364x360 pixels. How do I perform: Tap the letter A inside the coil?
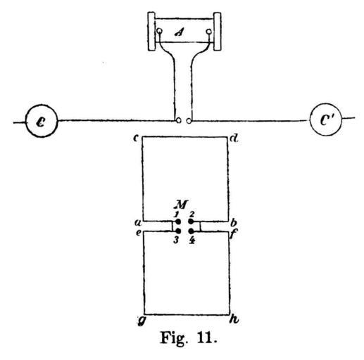click(179, 32)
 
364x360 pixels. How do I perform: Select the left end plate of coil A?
click(151, 32)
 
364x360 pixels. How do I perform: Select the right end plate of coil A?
click(217, 32)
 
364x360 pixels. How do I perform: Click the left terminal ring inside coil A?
click(159, 31)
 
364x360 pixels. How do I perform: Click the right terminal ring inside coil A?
click(208, 32)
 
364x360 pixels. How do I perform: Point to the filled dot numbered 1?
click(178, 221)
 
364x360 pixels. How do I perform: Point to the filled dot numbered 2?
click(191, 221)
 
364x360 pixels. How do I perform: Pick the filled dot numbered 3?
click(178, 231)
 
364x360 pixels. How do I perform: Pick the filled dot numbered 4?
click(191, 231)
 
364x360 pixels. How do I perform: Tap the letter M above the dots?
click(180, 205)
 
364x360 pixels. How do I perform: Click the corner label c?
click(135, 138)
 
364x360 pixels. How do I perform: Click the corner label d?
click(234, 139)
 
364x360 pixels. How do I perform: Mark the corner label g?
click(141, 321)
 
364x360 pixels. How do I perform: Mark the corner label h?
click(234, 319)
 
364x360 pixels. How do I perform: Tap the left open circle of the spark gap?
click(179, 121)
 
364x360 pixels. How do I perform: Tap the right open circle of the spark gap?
click(189, 121)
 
